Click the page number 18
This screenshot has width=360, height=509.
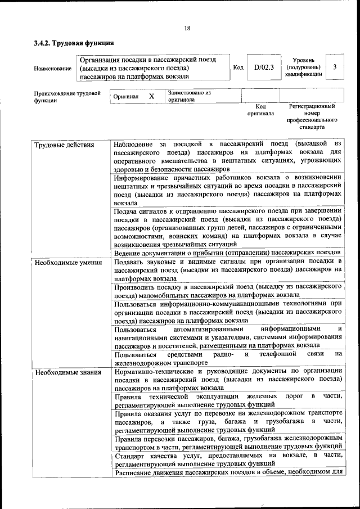click(187, 29)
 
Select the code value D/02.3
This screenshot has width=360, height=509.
click(263, 67)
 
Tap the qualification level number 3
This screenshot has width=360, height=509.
click(335, 67)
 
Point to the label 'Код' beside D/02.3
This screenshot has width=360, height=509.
click(238, 67)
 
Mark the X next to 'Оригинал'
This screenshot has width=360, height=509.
click(151, 96)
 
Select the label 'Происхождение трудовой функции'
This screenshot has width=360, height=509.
click(67, 96)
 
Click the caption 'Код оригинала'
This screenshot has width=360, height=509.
click(260, 110)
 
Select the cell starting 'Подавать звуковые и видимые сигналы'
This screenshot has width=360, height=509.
click(228, 269)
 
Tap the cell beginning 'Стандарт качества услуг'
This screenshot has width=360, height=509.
click(228, 458)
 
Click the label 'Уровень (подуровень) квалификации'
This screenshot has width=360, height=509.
click(303, 67)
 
